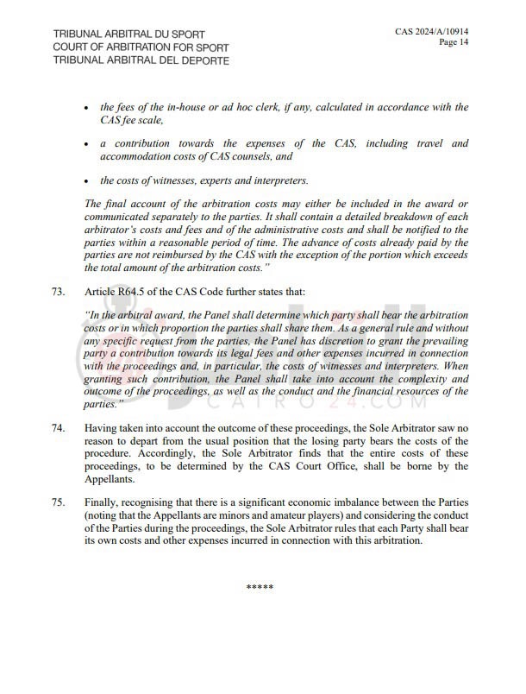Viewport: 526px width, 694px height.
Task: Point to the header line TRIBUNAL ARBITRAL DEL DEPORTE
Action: click(141, 61)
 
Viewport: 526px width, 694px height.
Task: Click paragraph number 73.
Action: click(58, 293)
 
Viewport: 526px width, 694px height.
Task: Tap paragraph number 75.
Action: click(58, 502)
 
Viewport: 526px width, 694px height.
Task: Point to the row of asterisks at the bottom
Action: click(260, 588)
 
